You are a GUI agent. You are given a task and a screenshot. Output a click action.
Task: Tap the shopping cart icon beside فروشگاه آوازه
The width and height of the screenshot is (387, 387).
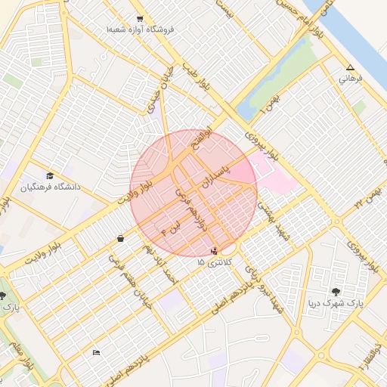[x=140, y=18]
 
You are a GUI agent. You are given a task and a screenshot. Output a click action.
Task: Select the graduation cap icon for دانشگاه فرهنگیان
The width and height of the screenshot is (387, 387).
[x=50, y=175]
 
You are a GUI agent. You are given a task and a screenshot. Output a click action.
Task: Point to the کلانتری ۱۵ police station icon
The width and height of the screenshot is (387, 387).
[x=215, y=250]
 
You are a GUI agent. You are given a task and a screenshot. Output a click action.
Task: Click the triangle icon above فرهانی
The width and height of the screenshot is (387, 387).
[x=350, y=67]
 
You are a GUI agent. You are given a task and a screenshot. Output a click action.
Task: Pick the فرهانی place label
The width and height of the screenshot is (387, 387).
[x=351, y=78]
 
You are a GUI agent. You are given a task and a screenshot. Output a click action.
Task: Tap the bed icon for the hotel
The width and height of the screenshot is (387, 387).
[x=96, y=352]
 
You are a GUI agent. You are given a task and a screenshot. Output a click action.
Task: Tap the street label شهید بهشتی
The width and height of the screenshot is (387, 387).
[x=272, y=216]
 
